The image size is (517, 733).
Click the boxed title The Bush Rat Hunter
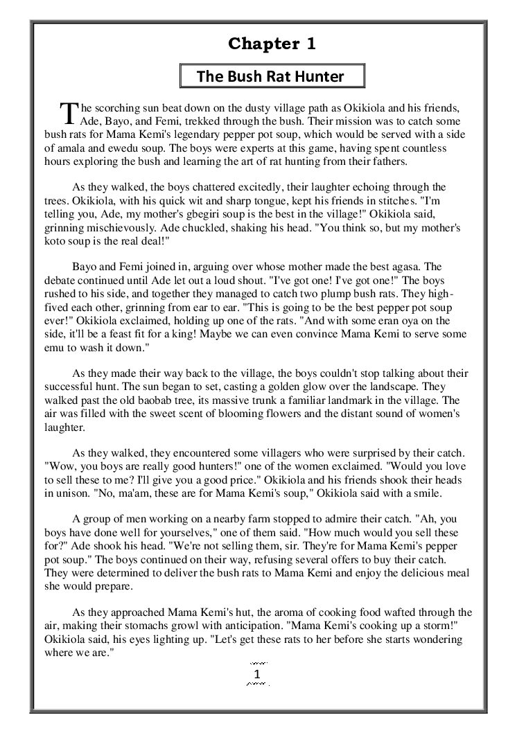[x=270, y=76]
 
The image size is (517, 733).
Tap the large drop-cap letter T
[x=69, y=113]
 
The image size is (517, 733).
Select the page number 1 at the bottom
[x=257, y=674]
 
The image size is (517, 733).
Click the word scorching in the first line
[x=125, y=109]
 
